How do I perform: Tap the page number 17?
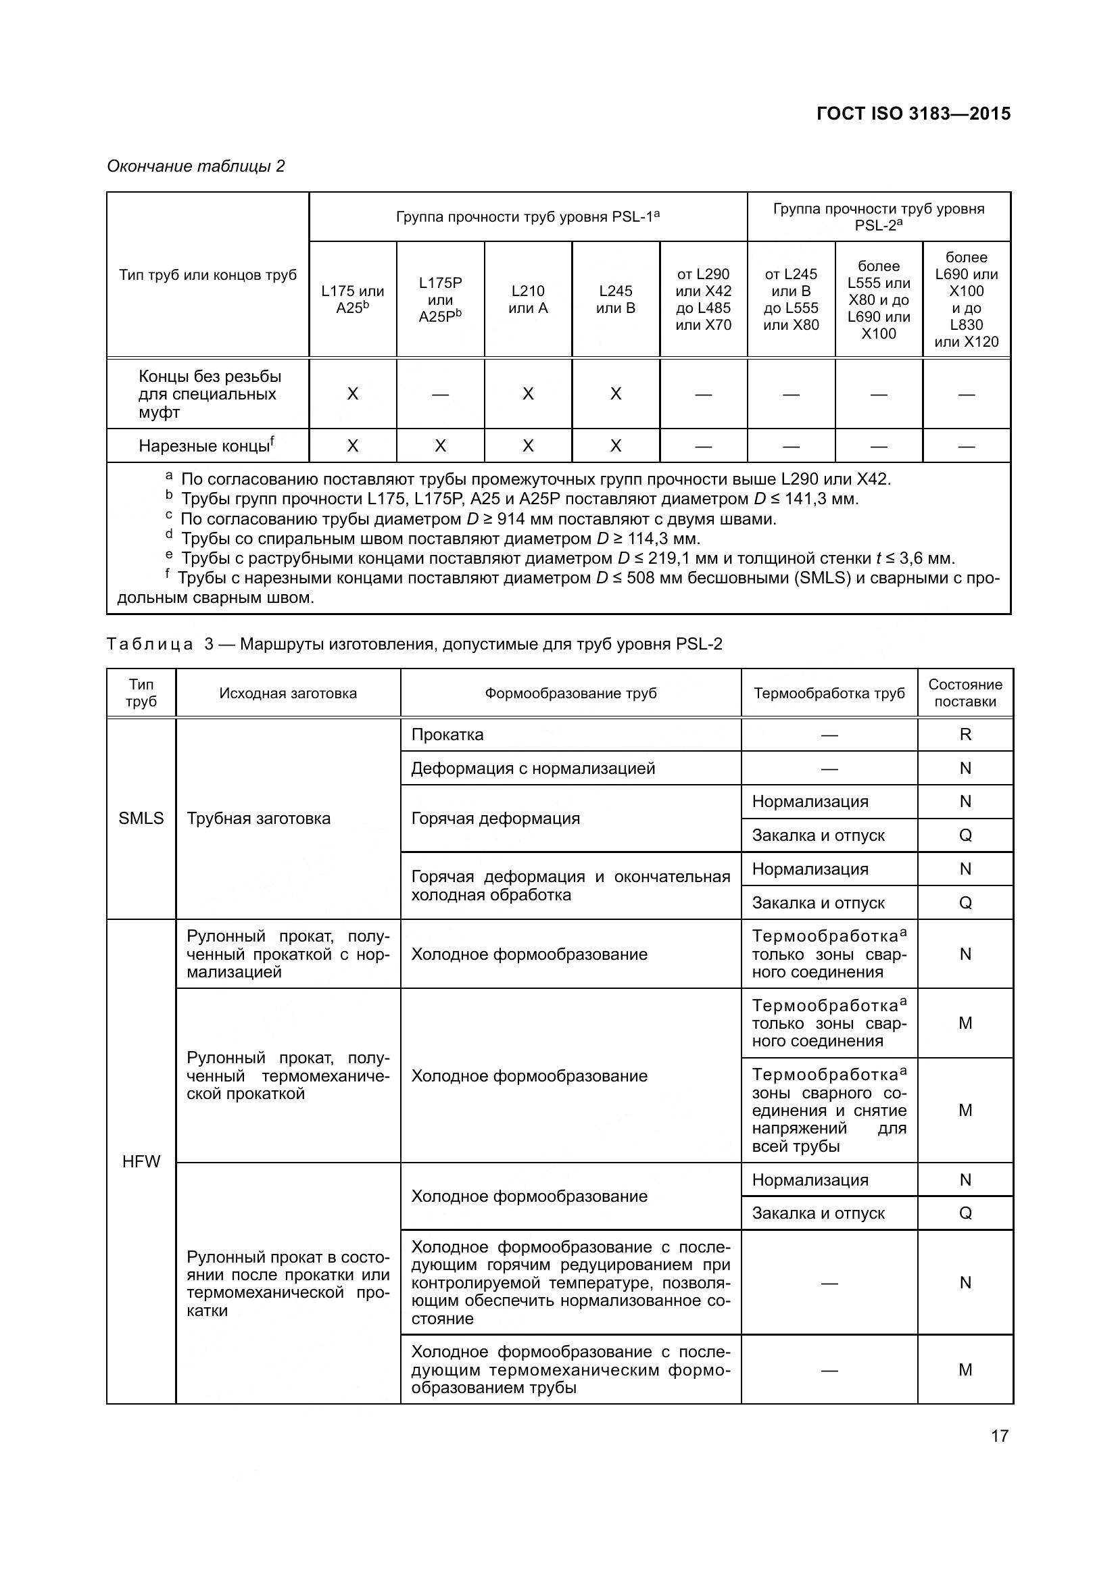pos(999,1436)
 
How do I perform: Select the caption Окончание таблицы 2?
pos(195,166)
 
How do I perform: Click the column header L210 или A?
pos(528,299)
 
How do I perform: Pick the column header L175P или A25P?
pos(440,299)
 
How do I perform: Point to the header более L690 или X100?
pos(966,299)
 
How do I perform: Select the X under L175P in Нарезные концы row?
pos(440,446)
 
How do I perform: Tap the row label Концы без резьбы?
pos(210,394)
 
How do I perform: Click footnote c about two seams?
pos(478,518)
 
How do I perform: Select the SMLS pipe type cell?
pos(141,818)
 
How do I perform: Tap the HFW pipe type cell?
pos(141,1162)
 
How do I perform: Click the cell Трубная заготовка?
pos(258,818)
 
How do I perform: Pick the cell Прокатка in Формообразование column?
pos(447,735)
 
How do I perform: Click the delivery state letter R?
pos(965,735)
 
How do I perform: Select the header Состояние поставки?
pos(965,693)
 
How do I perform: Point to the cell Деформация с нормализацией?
pos(533,769)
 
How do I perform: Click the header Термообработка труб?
pos(829,693)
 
